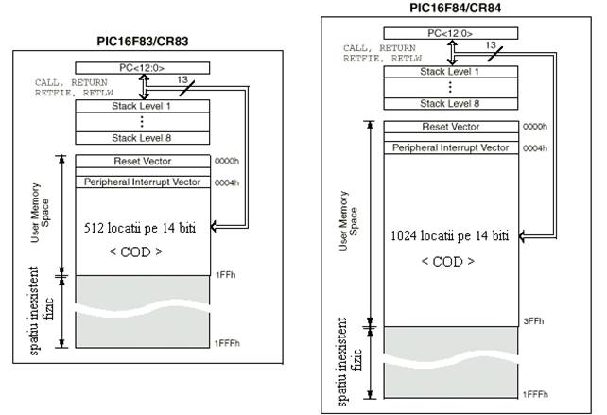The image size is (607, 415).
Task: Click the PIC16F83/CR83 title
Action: (x=143, y=42)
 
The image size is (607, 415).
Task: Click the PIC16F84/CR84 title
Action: (x=456, y=8)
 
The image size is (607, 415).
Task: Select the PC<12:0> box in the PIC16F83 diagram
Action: (x=143, y=68)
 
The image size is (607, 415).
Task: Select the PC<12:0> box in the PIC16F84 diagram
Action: (x=451, y=34)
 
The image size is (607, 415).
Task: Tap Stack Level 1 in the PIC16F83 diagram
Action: (x=141, y=106)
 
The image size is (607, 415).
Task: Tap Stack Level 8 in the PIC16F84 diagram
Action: (x=450, y=104)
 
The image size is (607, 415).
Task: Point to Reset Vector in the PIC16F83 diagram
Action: (x=143, y=161)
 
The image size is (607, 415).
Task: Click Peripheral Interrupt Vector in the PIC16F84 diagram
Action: (x=451, y=147)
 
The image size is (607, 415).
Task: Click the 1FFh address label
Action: (x=226, y=275)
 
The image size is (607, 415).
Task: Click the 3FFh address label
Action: (x=533, y=321)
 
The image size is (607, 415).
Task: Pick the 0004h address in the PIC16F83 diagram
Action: (x=227, y=182)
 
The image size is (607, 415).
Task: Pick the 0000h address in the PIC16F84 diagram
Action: (x=535, y=127)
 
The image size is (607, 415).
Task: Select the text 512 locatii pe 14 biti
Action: (x=140, y=228)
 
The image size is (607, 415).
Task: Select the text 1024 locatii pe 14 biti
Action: (x=449, y=235)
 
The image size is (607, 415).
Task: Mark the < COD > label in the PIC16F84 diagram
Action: (x=448, y=262)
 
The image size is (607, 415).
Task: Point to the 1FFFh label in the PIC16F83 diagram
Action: (x=227, y=343)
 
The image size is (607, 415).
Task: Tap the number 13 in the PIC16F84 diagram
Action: (x=491, y=45)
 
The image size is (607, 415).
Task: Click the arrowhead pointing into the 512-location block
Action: (x=214, y=227)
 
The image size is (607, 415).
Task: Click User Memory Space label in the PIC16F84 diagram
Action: (x=348, y=221)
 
